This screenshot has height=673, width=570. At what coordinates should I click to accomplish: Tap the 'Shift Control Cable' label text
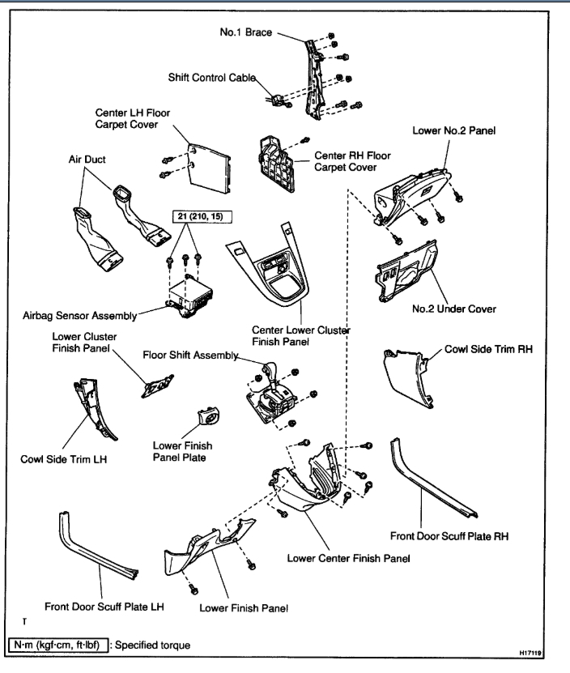click(x=212, y=77)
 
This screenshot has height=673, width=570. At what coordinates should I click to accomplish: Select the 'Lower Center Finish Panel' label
click(x=347, y=558)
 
